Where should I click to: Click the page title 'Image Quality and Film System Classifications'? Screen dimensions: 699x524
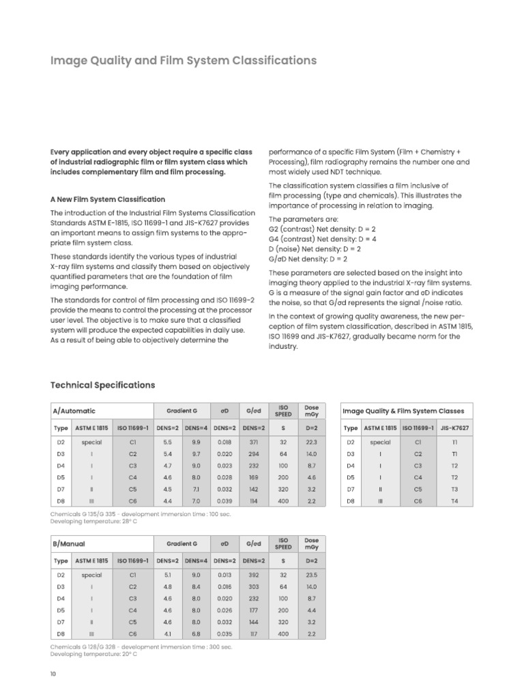(x=184, y=61)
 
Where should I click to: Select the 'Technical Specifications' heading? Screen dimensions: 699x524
(x=102, y=385)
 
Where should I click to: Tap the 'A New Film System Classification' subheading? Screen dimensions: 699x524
(x=107, y=199)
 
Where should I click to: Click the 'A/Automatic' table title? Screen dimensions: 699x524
(x=74, y=411)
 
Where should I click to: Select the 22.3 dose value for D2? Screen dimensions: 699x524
(x=312, y=442)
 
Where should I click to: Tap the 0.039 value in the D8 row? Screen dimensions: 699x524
(x=224, y=500)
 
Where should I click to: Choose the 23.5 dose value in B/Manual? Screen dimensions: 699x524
(x=312, y=575)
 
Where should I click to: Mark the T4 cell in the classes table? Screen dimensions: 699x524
(x=455, y=500)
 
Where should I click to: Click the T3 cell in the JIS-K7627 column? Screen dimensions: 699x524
(x=455, y=489)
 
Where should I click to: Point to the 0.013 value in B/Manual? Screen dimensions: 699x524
(x=224, y=575)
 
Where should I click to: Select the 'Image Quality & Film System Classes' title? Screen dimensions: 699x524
(x=403, y=411)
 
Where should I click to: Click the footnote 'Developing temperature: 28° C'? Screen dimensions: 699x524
(x=93, y=522)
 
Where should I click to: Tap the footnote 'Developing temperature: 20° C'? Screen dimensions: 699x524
(x=93, y=654)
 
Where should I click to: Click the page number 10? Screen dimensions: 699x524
(x=53, y=674)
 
